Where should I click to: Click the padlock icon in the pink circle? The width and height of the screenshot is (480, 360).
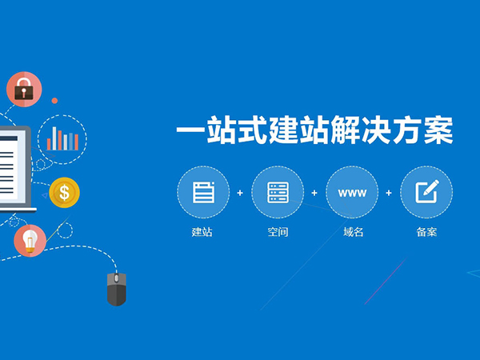(x=23, y=90)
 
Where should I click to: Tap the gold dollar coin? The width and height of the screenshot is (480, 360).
(x=64, y=192)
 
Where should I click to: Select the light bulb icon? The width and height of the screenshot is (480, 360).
(x=30, y=240)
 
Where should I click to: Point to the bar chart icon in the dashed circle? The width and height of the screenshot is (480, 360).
(x=62, y=138)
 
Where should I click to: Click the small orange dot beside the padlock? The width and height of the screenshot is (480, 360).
(x=54, y=101)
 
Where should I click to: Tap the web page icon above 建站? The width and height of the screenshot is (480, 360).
(x=203, y=193)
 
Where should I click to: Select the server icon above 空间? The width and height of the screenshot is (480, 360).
(x=278, y=193)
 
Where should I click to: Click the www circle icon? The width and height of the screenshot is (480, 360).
(x=351, y=193)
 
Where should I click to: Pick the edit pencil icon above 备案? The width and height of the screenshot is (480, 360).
(x=426, y=193)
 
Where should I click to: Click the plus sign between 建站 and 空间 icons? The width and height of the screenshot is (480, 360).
(x=240, y=193)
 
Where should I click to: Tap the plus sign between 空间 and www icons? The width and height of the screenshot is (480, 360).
(x=314, y=193)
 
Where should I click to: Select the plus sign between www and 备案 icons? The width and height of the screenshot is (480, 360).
(x=389, y=193)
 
